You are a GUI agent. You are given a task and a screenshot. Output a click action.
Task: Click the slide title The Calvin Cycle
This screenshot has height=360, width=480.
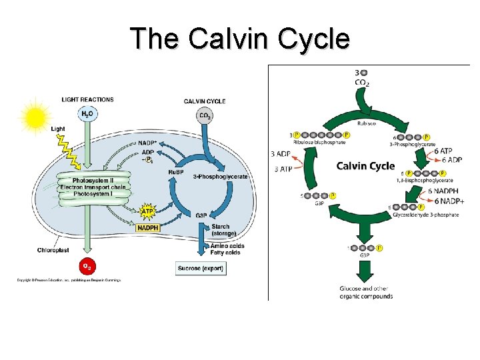[240, 38]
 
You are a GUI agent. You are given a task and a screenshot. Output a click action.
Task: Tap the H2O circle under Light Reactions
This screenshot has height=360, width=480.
[87, 114]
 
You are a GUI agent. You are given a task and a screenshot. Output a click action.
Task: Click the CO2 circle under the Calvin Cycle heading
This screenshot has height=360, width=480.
[205, 116]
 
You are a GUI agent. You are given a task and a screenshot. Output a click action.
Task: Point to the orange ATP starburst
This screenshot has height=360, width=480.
[149, 212]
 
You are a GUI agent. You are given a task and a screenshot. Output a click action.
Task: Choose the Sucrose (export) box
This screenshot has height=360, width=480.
[201, 268]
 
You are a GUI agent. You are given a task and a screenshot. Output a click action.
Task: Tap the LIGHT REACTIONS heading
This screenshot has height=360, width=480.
[87, 100]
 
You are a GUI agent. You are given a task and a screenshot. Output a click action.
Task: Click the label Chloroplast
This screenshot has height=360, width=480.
[51, 251]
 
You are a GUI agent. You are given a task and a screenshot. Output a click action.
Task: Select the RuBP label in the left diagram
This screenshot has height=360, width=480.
[176, 171]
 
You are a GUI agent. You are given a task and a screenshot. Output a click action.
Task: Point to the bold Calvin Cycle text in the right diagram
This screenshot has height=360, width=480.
[365, 165]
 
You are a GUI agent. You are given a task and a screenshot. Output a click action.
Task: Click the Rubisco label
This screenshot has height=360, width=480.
[363, 122]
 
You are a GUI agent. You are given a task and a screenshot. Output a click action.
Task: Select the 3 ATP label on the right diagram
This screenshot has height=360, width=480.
[282, 169]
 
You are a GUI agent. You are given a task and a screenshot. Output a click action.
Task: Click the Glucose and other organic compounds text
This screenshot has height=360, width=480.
[365, 292]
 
